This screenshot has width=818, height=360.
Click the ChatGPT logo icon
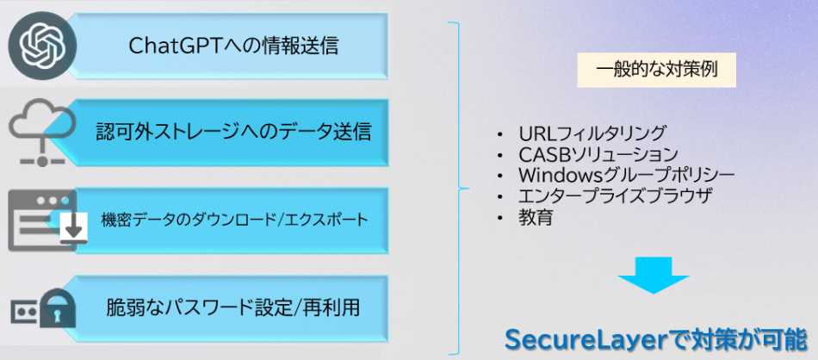pyautogui.click(x=42, y=43)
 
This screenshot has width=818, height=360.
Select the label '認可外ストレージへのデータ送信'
pyautogui.click(x=233, y=133)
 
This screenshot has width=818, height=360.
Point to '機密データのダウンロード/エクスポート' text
pyautogui.click(x=235, y=220)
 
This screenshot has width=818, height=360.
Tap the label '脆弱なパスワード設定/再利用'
pyautogui.click(x=233, y=307)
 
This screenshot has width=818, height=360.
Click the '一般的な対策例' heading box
pyautogui.click(x=656, y=71)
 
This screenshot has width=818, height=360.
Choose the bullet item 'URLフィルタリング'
pyautogui.click(x=592, y=133)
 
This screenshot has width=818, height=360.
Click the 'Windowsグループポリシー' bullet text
pyautogui.click(x=627, y=175)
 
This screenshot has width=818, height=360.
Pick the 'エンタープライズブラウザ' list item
pyautogui.click(x=616, y=196)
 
